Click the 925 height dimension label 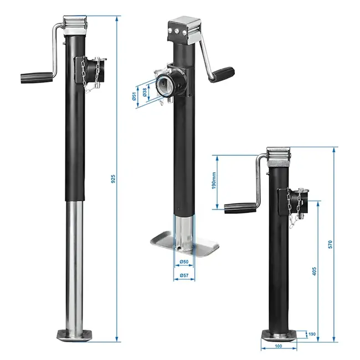(112, 178)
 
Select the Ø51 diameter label (135, 96)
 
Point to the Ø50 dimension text (184, 262)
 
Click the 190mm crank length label (213, 181)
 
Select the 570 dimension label (330, 244)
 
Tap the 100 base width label (279, 347)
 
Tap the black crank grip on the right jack (239, 208)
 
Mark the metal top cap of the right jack (279, 156)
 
